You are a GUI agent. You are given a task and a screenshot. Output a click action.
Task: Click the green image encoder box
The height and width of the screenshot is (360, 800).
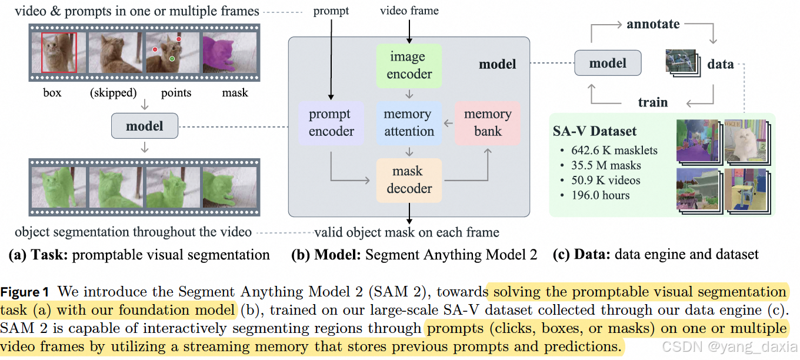[x=408, y=66]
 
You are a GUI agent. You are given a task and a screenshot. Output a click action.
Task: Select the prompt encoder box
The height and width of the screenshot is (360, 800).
[x=331, y=123]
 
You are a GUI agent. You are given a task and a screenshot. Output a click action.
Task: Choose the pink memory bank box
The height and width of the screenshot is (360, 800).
[x=488, y=123]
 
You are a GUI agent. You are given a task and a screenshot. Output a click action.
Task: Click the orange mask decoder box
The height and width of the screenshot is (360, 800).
[x=408, y=180]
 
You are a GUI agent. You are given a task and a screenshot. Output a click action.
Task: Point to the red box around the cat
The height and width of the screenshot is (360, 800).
[x=59, y=52]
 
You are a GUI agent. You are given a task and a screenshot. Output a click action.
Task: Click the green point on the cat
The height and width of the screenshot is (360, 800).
[x=172, y=59]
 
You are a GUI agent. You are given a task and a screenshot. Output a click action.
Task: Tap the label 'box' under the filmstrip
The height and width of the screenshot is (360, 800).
[x=52, y=93]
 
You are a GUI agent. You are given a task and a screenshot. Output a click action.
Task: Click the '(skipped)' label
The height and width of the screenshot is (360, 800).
[x=114, y=93]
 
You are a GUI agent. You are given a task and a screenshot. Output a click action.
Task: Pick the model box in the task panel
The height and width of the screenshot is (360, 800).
[x=145, y=125]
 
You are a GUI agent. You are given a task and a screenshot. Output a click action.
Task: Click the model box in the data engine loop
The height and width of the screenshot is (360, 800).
[x=608, y=64]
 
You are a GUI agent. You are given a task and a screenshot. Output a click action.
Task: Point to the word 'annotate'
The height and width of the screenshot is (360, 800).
[x=653, y=24]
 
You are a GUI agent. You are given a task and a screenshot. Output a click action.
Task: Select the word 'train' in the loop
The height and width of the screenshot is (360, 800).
[x=653, y=102]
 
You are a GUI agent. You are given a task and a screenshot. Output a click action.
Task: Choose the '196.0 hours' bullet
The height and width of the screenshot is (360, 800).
[x=600, y=195]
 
